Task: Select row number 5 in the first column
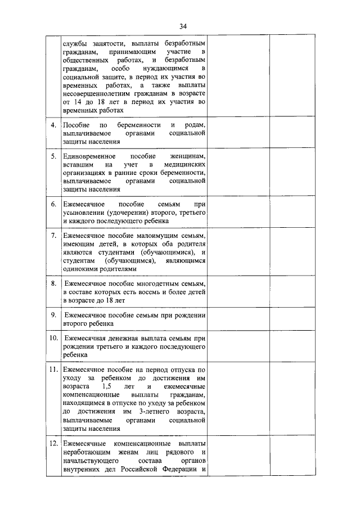(53, 156)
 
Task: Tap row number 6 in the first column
(53, 204)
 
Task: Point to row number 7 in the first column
(53, 235)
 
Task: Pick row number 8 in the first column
(53, 283)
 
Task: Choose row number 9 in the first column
(53, 315)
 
